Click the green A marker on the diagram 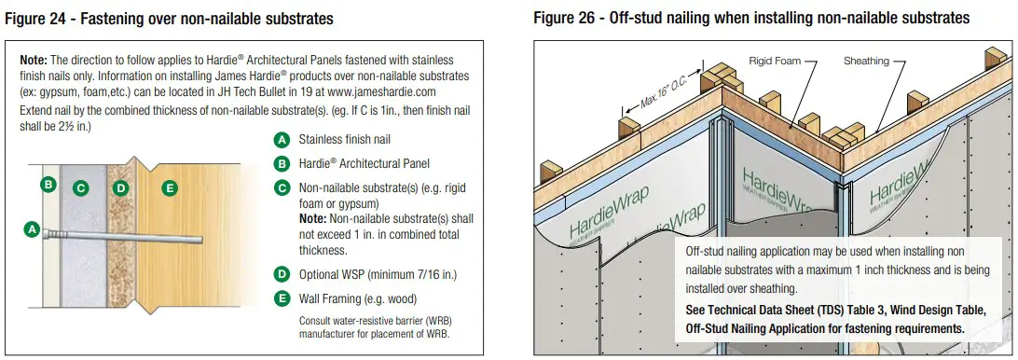[32, 228]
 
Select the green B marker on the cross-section [48, 184]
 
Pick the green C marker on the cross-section [81, 188]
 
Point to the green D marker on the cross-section [120, 188]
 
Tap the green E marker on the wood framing [169, 188]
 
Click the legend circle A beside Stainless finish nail [281, 140]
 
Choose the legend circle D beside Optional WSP [281, 274]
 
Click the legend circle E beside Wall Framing [281, 298]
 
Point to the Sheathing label [867, 61]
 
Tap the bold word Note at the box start [38, 59]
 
